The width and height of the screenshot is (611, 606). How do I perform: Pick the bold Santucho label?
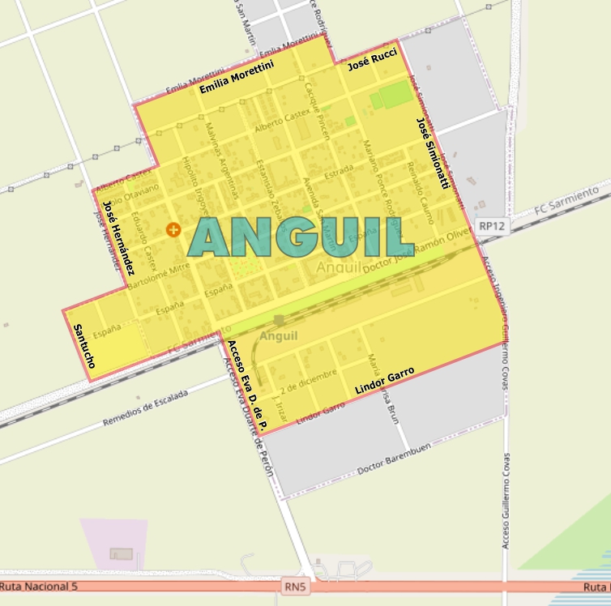83,346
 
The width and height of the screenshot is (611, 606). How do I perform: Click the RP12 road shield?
491,227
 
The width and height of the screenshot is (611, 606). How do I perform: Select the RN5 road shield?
297,584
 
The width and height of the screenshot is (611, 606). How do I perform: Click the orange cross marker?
173,229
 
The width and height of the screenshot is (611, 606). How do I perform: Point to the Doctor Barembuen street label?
394,458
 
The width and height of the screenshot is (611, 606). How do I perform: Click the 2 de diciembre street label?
308,381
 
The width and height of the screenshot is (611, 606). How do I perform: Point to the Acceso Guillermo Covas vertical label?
506,500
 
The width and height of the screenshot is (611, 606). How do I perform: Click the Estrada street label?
339,172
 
